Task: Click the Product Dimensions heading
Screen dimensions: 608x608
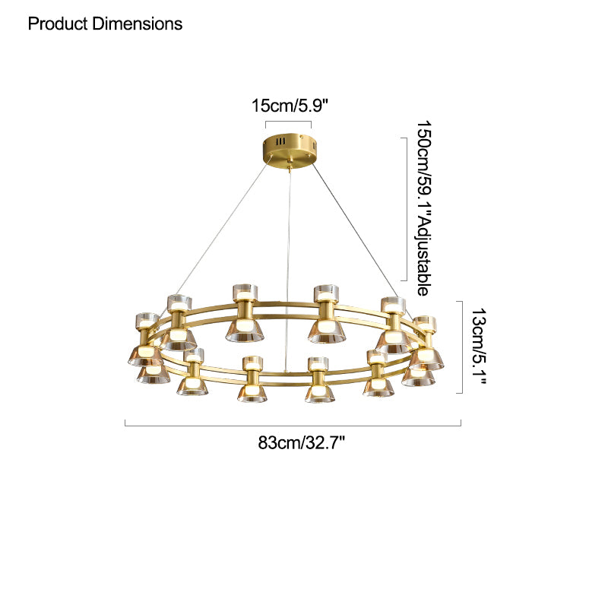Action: pos(105,24)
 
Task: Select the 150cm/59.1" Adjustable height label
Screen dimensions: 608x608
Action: pos(426,207)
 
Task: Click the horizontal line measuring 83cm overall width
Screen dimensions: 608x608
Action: pos(293,426)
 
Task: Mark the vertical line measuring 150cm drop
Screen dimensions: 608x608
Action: pos(401,207)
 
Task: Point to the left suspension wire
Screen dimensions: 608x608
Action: pos(220,228)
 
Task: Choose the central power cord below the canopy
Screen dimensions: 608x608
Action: pos(289,251)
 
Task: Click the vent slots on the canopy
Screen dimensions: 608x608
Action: pos(280,141)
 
